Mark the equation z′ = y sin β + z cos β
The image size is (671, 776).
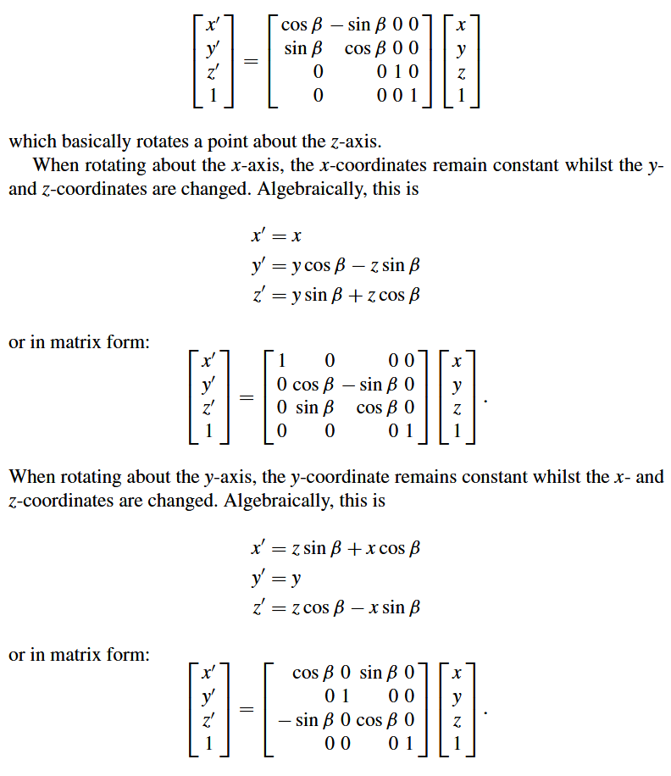click(x=335, y=295)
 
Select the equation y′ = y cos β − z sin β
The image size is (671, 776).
click(x=335, y=266)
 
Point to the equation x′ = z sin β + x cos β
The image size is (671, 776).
click(x=335, y=549)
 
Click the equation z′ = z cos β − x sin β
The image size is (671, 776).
click(x=335, y=607)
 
